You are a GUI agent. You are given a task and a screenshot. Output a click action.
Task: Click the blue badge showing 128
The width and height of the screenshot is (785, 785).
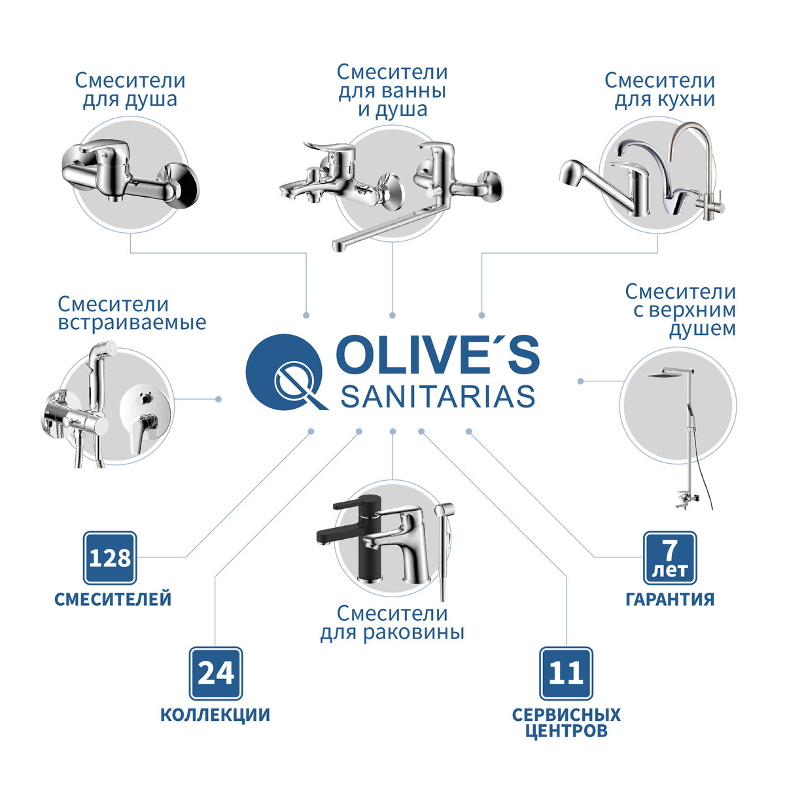[110, 558]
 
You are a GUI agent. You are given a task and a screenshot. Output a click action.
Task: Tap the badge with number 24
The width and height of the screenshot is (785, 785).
[216, 673]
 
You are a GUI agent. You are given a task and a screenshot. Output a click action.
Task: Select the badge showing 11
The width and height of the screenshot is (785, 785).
[566, 673]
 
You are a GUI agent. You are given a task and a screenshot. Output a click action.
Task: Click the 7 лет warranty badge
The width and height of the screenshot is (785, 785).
[670, 558]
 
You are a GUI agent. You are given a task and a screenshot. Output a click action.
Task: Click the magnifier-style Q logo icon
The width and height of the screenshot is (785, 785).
[285, 372]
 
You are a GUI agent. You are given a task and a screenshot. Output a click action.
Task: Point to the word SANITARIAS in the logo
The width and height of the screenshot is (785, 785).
[438, 396]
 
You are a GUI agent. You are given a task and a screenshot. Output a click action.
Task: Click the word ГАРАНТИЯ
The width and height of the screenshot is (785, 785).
[670, 599]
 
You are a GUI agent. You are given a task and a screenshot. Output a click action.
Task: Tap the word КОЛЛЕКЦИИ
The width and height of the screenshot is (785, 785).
[215, 715]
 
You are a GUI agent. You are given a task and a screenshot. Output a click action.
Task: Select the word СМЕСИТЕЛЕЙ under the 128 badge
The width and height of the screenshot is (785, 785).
[113, 599]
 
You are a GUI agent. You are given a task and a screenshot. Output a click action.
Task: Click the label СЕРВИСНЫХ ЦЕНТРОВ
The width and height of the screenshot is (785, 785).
[567, 722]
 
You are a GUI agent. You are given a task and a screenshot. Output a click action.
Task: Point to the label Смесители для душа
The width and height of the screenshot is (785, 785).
[130, 90]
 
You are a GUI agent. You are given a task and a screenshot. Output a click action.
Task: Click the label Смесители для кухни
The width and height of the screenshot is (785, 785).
[659, 90]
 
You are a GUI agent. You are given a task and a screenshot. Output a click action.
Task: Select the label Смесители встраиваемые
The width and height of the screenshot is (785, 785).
[131, 313]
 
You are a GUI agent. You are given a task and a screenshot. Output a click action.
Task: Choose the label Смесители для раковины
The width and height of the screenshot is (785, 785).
[392, 623]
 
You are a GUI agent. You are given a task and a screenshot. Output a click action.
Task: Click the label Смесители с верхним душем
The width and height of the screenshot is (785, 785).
[680, 310]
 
